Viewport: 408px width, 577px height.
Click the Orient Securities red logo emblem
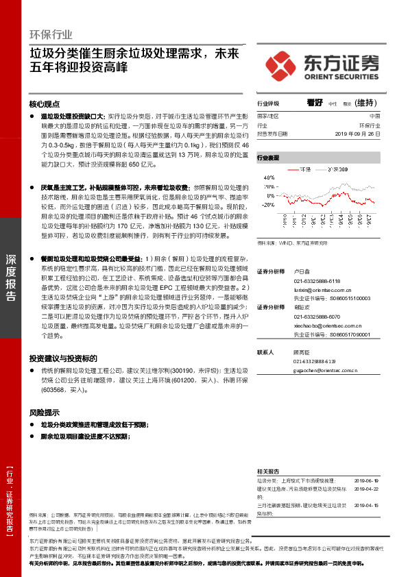coord(282,65)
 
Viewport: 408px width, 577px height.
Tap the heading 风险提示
coord(44,413)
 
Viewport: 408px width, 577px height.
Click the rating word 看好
coord(315,102)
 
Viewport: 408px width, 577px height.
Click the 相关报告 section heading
coord(267,471)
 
